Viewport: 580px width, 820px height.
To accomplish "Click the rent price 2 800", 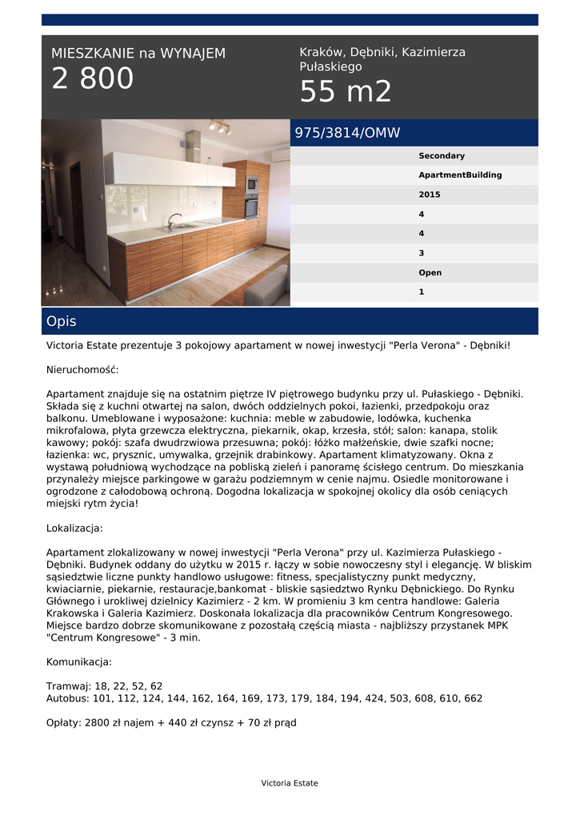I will click(93, 79).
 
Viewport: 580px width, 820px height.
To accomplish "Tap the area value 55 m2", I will click(346, 92).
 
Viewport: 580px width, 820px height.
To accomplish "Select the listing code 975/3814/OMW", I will click(347, 133).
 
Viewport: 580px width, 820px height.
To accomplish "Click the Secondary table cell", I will click(442, 156).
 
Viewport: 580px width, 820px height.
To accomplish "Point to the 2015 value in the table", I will click(430, 195).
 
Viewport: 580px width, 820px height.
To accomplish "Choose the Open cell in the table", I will click(430, 273).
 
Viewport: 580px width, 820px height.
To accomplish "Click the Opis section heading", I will click(62, 321).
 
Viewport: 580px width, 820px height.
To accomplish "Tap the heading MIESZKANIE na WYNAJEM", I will click(138, 54).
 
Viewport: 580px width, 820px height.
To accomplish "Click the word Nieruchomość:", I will click(82, 370).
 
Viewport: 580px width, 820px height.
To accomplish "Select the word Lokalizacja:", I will click(74, 529).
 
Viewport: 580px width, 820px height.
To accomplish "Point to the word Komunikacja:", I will click(79, 662).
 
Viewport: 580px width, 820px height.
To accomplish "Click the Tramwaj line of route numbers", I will click(105, 686).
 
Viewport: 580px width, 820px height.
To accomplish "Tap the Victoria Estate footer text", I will click(290, 783).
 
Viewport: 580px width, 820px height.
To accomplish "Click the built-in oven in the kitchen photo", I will click(251, 205).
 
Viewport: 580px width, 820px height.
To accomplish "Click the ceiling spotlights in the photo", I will click(219, 127).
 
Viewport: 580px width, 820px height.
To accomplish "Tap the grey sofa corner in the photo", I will click(268, 286).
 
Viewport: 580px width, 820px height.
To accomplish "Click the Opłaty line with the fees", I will click(171, 722).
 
